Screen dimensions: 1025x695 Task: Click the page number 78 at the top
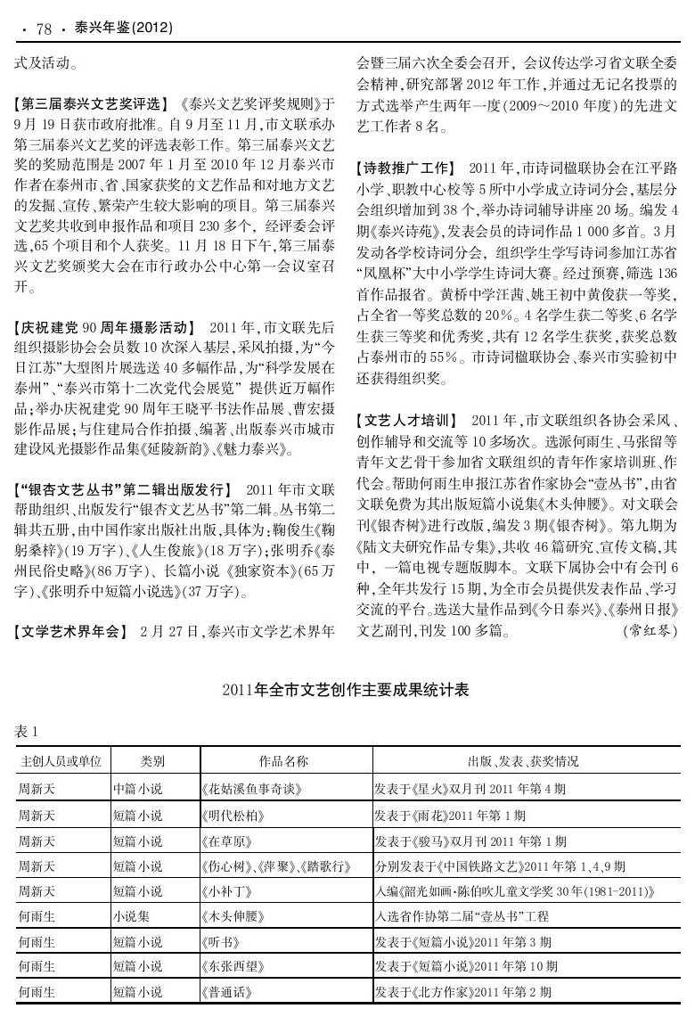44,29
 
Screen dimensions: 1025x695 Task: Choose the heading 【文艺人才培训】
406,419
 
